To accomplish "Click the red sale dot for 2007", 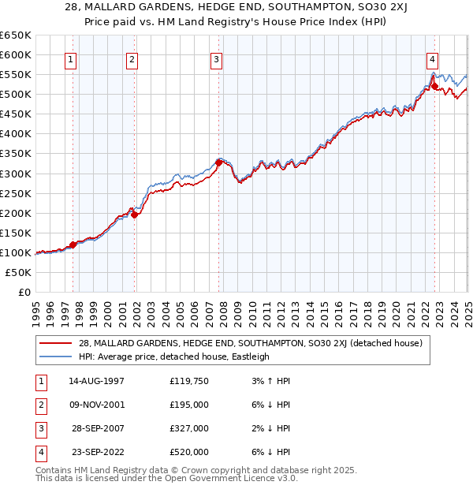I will pos(218,162).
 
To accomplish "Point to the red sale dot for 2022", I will pos(434,85).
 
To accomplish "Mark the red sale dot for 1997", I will pos(73,244).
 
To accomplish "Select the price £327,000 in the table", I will pos(188,428).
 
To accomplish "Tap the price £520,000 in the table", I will pos(188,452).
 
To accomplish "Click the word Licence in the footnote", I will pos(257,478).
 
